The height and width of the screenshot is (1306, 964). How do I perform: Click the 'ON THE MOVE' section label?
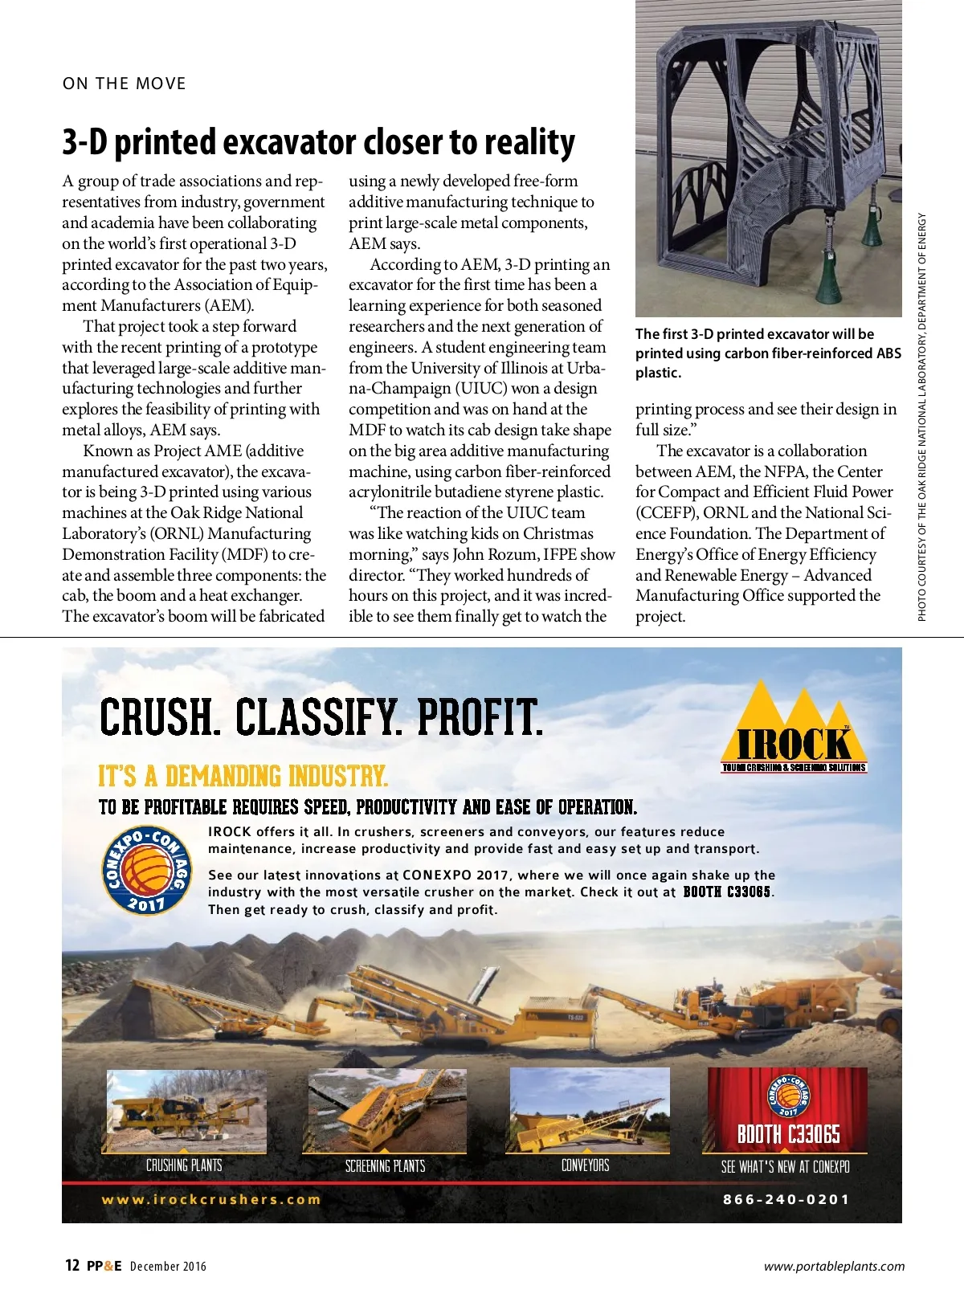(124, 84)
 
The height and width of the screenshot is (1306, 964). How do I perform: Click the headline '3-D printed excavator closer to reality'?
(318, 142)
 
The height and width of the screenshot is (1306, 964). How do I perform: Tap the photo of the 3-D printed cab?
(768, 158)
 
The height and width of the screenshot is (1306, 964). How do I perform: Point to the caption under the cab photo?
(768, 353)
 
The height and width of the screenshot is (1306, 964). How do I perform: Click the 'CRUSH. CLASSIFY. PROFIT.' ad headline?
(321, 717)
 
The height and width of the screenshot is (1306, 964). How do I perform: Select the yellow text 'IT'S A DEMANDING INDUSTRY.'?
(243, 776)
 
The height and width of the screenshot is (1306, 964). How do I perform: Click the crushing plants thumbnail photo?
(184, 1111)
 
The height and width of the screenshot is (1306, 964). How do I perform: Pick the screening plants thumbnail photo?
(385, 1111)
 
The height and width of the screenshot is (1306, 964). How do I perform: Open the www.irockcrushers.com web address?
(211, 1199)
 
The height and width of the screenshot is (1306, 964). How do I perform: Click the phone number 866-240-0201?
(786, 1199)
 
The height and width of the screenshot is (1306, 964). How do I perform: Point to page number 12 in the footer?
(72, 1266)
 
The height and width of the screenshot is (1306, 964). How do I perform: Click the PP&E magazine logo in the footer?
(104, 1266)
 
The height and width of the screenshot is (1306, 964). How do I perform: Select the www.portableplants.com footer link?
(834, 1266)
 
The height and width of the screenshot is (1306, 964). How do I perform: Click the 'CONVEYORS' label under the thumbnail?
(586, 1165)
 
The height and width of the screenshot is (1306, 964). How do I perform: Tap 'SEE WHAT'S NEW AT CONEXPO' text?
(785, 1166)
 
